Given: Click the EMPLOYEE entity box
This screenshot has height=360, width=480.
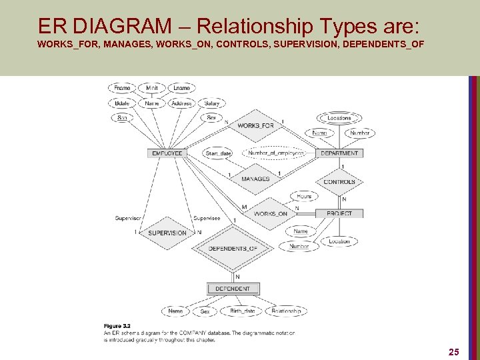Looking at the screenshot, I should coord(167,153).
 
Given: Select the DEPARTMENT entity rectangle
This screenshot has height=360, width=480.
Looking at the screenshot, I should coord(339,153).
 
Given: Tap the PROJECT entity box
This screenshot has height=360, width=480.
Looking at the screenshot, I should coord(339,213).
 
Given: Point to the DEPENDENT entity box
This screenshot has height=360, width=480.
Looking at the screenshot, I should coord(233,289).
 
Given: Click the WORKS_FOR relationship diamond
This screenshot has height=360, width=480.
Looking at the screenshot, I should coord(255,126).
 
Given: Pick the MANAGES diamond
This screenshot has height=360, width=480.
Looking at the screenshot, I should coord(255,179).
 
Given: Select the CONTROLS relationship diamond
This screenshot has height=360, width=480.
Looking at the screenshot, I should coord(339,182).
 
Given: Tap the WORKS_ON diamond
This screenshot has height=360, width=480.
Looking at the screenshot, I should coord(270,213).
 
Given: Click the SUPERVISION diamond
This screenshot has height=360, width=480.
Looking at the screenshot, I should coord(167,233).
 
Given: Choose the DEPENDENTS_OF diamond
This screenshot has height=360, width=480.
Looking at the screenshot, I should coord(232,249).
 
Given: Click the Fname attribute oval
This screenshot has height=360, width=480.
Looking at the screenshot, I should coord(122,88).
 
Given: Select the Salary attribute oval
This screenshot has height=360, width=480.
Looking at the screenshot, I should coord(212,103).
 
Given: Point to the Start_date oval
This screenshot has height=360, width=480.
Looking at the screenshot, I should coord(218,153).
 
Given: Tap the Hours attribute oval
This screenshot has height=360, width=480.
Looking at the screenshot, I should coord(304,197).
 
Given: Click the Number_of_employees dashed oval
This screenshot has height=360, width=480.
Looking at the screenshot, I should coord(275,153).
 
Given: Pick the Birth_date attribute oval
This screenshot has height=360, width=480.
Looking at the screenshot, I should coord(242,311).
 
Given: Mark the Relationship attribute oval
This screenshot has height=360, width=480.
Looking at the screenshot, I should coord(286,311).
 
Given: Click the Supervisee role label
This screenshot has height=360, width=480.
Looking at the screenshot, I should coord(206,218).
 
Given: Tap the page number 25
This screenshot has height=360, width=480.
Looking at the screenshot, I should coord(454,351).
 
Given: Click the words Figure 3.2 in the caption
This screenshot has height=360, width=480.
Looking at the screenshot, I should coord(117,325).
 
